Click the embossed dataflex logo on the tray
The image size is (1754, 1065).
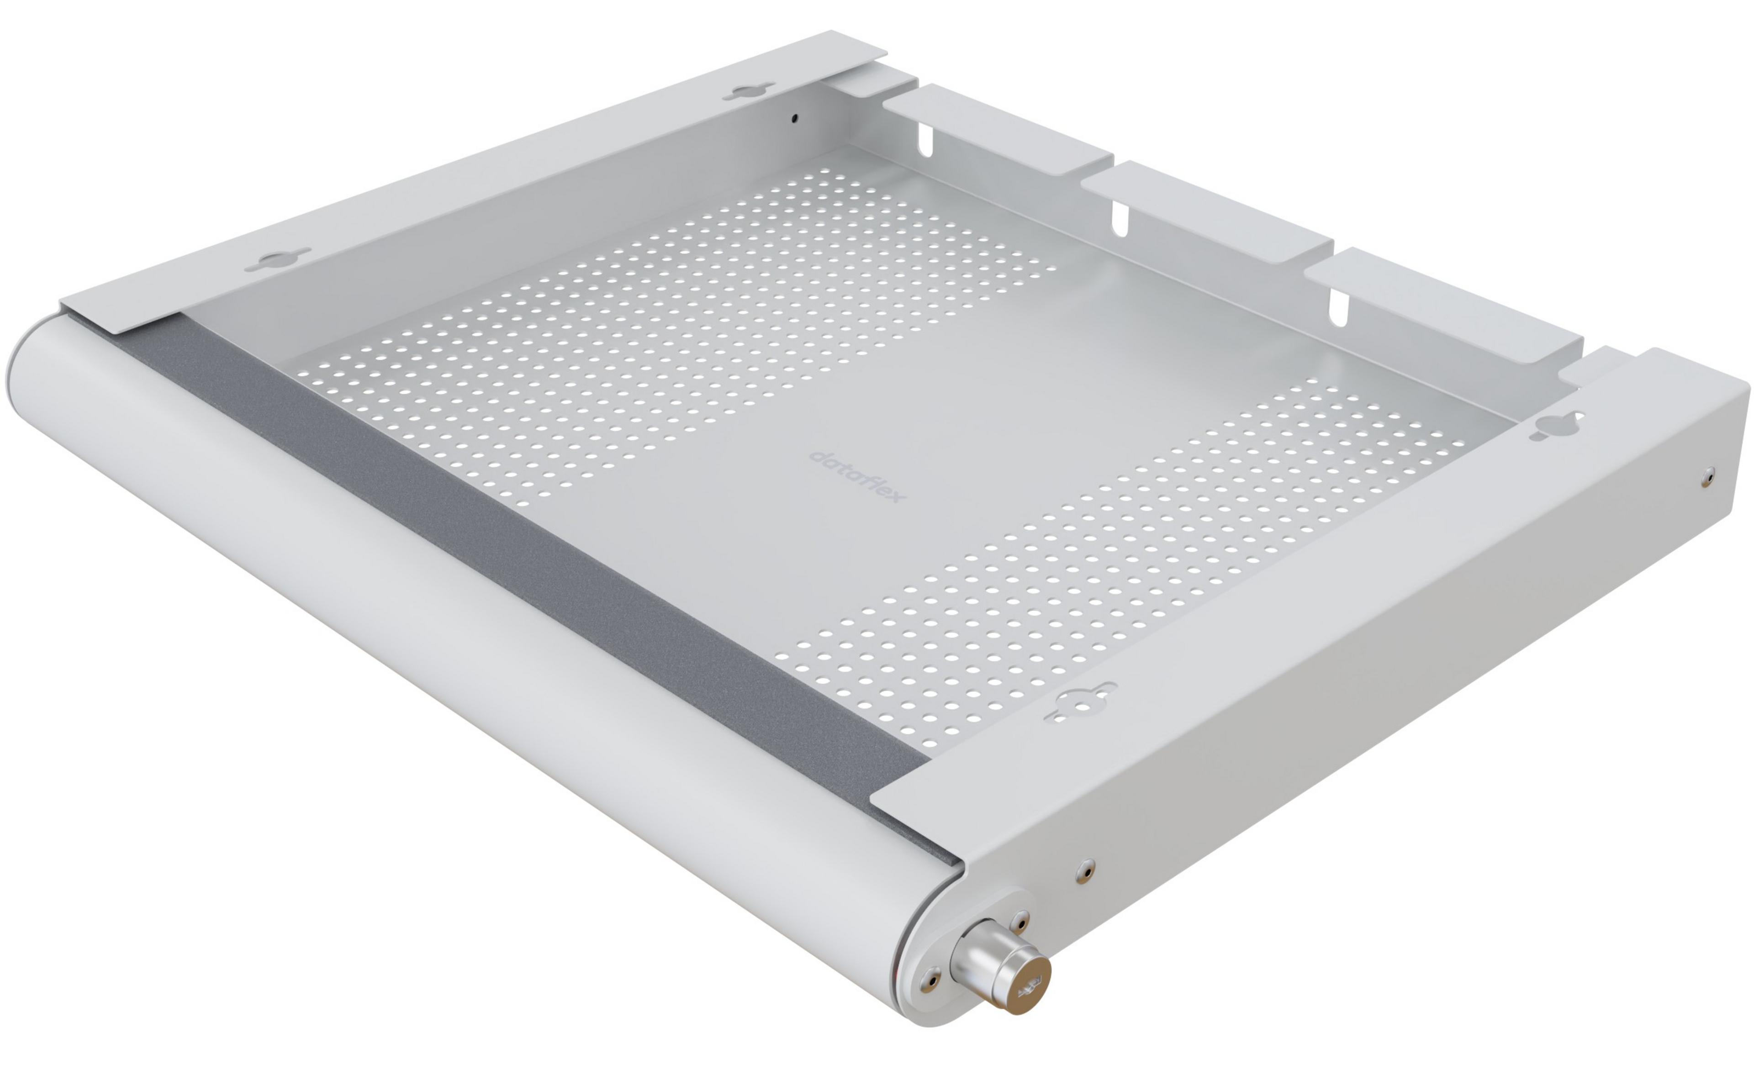coord(858,475)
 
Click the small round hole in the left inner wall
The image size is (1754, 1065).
coord(796,119)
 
